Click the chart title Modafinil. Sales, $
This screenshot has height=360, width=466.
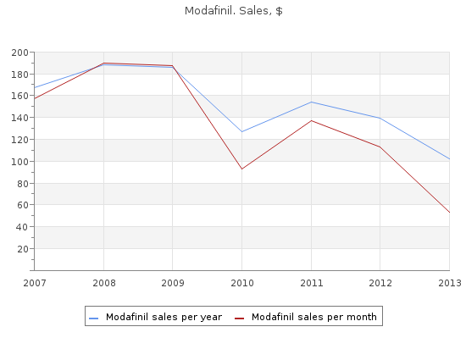pos(233,11)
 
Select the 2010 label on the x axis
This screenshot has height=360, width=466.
pos(242,283)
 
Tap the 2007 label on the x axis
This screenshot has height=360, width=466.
pos(35,283)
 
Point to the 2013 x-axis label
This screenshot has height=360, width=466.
pos(450,283)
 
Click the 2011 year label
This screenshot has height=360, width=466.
pos(312,283)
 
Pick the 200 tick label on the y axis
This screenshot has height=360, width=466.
pos(19,53)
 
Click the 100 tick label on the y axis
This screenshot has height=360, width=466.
pos(19,162)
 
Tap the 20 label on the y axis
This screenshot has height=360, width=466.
pos(23,249)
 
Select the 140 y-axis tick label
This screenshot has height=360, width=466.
pos(19,118)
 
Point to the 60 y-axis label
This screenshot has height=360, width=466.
pos(23,205)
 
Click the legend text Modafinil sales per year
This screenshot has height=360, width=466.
pos(164,318)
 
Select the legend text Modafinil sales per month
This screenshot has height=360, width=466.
pos(314,318)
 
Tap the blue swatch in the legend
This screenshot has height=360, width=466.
pos(93,318)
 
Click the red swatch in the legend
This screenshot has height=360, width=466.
pos(239,318)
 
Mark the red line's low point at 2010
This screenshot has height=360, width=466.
pos(242,169)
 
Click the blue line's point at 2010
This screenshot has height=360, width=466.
pos(242,131)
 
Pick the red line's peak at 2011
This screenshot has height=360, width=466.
pos(312,120)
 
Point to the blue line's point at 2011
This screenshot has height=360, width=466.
pos(312,102)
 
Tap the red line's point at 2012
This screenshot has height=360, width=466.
pos(380,147)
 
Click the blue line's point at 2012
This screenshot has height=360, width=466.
pos(380,118)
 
